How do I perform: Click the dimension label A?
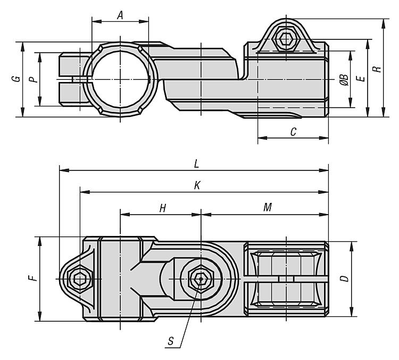click(x=120, y=16)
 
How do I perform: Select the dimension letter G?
click(x=18, y=79)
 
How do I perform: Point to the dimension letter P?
click(x=34, y=79)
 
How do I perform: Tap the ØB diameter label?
click(x=344, y=80)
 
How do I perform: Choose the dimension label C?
click(x=293, y=133)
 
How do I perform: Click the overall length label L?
click(x=196, y=165)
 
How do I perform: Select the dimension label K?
click(x=197, y=185)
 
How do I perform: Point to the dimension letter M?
click(x=268, y=208)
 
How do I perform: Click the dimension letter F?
click(x=32, y=278)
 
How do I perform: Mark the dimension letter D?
click(x=344, y=279)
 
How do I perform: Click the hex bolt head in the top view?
click(x=286, y=39)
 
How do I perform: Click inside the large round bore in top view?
click(x=120, y=79)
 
